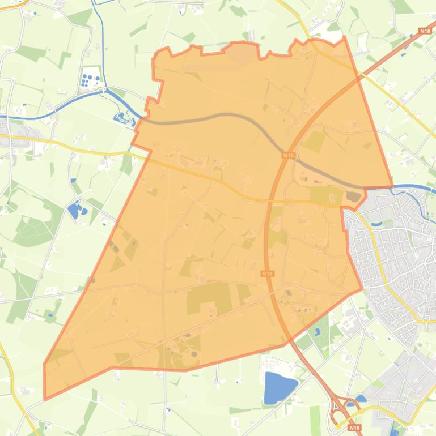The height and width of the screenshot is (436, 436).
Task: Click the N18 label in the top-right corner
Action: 424,31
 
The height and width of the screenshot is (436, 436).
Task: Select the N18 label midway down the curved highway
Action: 268,273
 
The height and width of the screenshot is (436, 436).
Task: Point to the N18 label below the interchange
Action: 355,428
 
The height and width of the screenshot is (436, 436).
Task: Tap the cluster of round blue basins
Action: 90,80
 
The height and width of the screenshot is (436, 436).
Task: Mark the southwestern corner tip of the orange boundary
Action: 45,399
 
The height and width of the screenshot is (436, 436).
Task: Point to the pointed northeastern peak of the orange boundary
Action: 344,37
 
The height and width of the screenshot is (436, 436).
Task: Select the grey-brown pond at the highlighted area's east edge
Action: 354,197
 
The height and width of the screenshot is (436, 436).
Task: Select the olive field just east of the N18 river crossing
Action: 312,141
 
